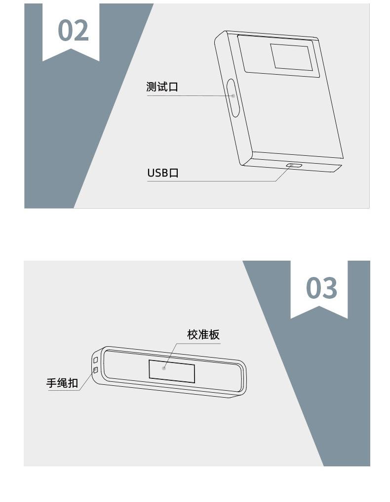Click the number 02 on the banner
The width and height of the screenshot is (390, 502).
pos(73,30)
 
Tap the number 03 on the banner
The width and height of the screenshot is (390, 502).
pos(321,288)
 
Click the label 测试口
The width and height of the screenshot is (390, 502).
pos(162,87)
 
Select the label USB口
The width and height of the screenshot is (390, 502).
pos(163,173)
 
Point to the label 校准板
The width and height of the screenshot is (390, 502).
pos(203,334)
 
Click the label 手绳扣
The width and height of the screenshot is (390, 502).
pos(62,383)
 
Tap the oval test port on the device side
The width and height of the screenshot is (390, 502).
pos(233,97)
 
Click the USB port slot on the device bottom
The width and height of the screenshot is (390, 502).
pos(294,166)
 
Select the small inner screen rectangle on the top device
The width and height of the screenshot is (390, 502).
pos(291,57)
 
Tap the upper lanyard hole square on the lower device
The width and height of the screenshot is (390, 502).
pos(95,360)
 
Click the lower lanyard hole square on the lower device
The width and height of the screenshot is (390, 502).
pos(95,370)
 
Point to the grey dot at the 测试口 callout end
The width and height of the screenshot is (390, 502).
pos(233,96)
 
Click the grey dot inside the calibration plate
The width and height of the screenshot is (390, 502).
pos(164,368)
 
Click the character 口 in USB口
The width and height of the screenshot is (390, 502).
pos(174,173)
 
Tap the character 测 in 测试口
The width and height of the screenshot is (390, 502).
pos(152,87)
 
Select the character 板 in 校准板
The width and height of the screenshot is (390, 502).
pos(214,334)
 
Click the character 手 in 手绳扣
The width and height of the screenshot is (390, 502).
pos(51,383)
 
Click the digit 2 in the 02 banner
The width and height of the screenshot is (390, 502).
pos(81,30)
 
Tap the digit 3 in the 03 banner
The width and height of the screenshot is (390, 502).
pos(330,288)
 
